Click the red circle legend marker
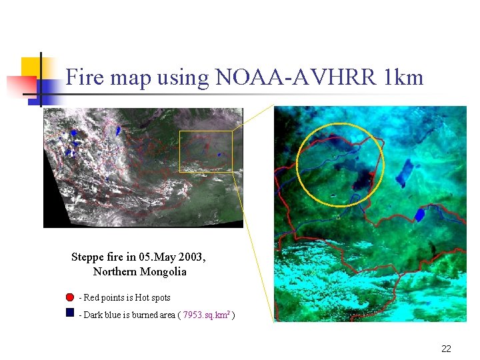tap(70, 297)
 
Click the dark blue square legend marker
tap(70, 312)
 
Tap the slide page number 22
tap(446, 348)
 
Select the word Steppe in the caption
tap(87, 257)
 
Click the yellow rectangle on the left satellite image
tap(206, 151)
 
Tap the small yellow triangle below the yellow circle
tap(338, 216)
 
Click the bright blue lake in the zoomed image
tap(420, 214)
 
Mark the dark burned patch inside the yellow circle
tap(363, 177)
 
